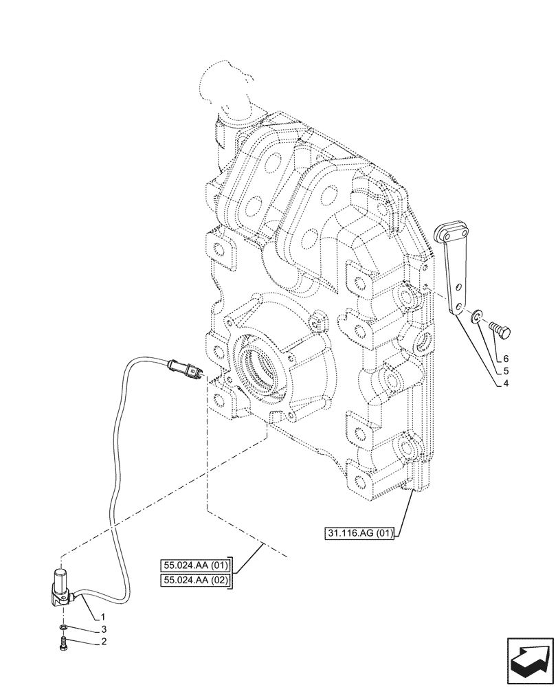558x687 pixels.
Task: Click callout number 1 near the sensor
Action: (x=102, y=616)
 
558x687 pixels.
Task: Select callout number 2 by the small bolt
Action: (x=102, y=643)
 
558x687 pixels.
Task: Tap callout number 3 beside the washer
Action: (x=102, y=629)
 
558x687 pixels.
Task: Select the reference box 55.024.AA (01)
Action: (x=196, y=566)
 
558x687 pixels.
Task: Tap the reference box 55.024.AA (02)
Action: (x=196, y=581)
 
